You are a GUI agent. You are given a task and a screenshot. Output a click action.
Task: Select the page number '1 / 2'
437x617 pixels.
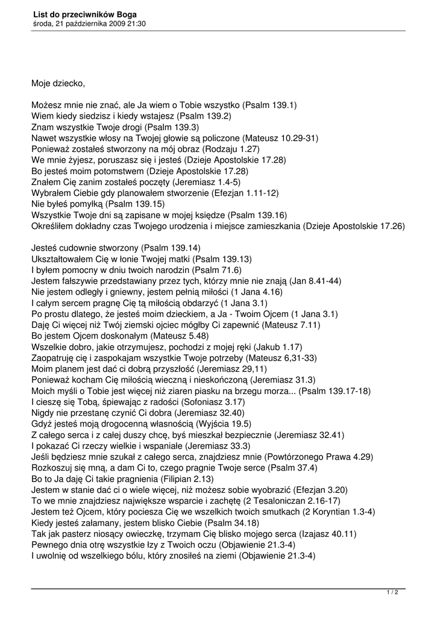(392, 592)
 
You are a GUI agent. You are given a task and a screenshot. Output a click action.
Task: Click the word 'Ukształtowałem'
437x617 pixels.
(61, 259)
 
